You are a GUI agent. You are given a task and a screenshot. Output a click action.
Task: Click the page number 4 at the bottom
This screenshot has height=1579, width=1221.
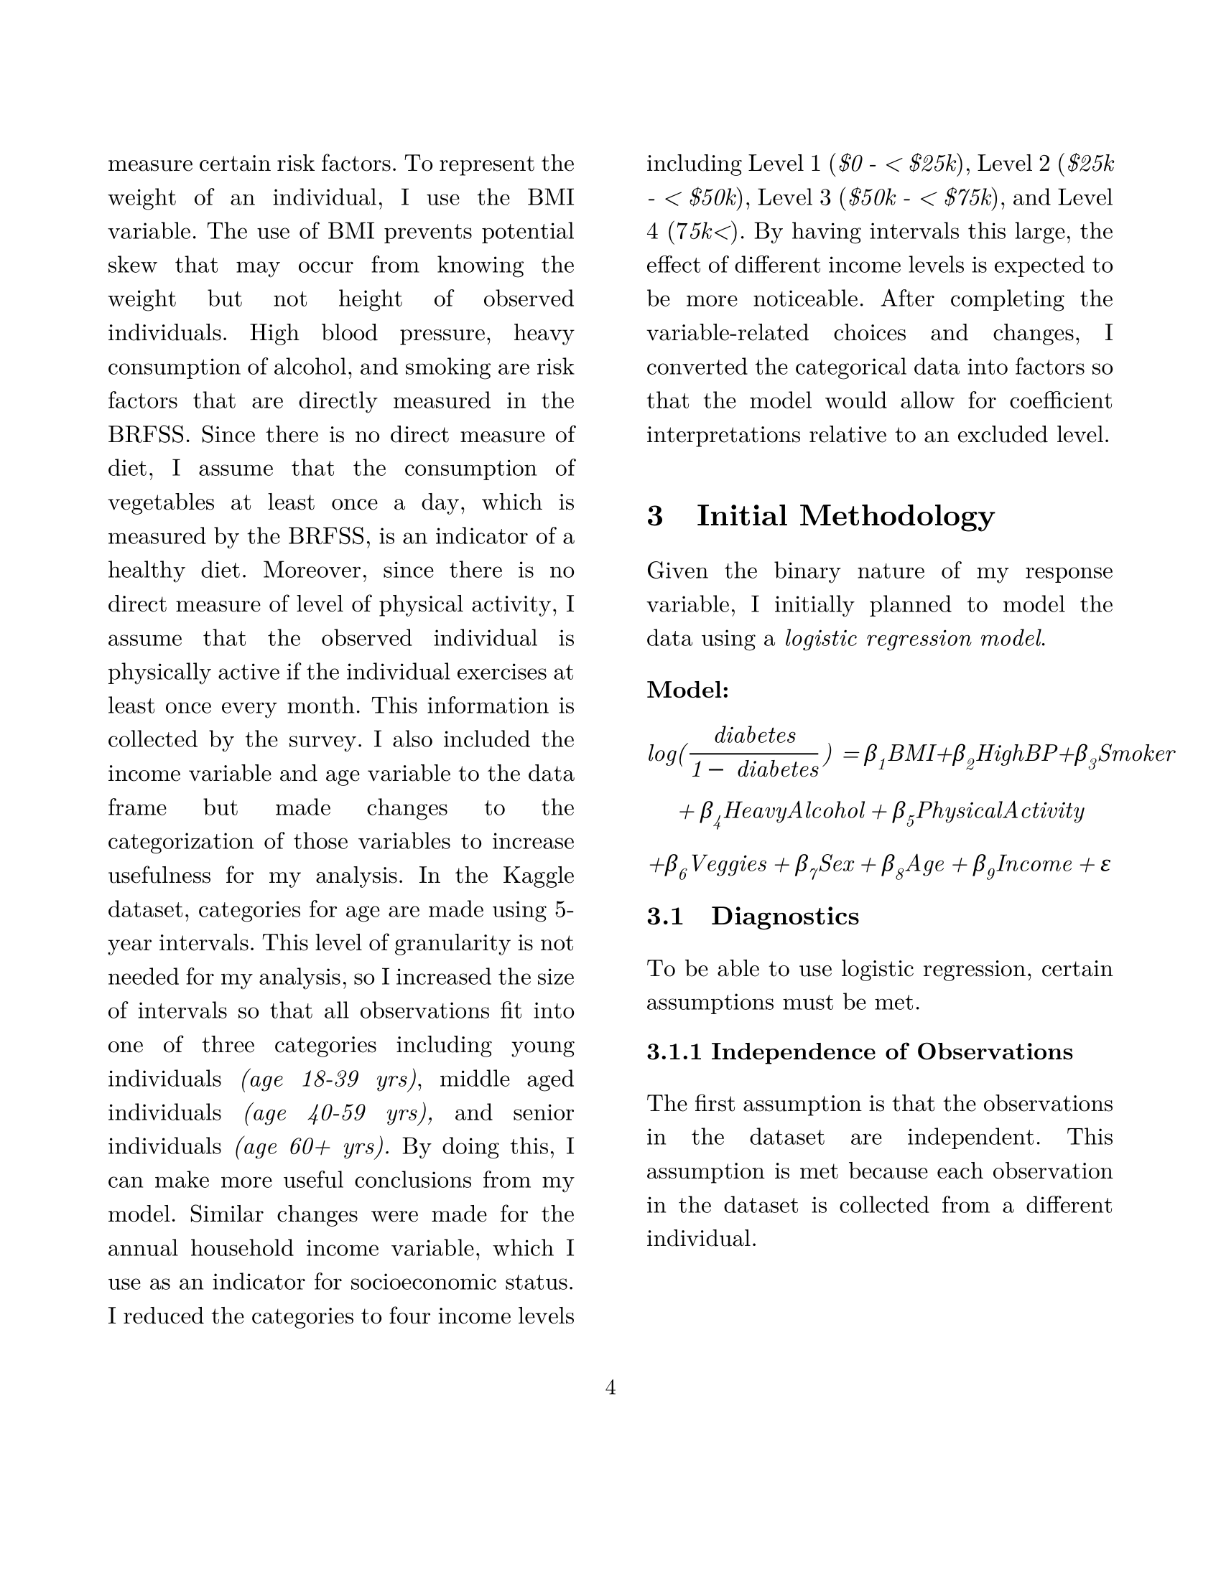point(610,1387)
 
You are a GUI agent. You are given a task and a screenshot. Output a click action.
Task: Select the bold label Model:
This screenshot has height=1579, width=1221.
point(687,690)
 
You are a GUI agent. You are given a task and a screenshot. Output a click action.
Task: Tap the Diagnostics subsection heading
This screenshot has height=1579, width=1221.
point(785,916)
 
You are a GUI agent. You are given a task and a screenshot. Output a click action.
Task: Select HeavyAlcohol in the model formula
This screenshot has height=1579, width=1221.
point(794,810)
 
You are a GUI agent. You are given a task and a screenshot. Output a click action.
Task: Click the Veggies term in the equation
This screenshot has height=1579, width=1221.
point(728,864)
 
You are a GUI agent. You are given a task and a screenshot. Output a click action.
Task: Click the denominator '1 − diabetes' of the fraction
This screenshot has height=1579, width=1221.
point(755,770)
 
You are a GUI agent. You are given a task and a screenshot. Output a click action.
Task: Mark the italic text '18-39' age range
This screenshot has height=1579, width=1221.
point(330,1079)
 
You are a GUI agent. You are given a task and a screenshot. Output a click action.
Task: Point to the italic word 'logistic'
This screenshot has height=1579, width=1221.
point(817,639)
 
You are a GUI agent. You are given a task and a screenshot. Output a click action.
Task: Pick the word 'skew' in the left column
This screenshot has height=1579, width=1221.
point(132,266)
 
